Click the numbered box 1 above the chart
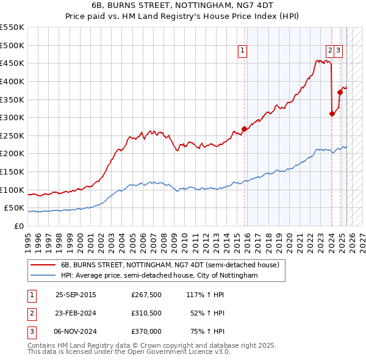tap(243, 51)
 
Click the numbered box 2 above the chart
tap(330, 51)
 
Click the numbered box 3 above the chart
tap(338, 51)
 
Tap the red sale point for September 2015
tap(244, 129)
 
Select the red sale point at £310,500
tap(332, 113)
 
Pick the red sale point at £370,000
tap(340, 92)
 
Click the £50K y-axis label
tap(15, 208)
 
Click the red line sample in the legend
tap(43, 265)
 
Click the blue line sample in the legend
tap(43, 276)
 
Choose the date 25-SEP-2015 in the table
tap(76, 295)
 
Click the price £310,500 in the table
tap(146, 313)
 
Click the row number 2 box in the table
tap(31, 313)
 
